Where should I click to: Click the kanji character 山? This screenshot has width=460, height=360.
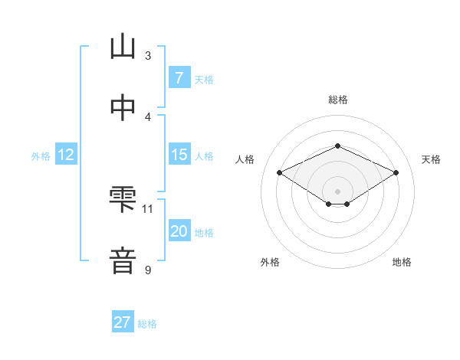click(123, 47)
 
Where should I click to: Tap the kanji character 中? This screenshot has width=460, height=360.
click(123, 107)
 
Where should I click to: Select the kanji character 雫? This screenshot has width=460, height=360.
click(123, 201)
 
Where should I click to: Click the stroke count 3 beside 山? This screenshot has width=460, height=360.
click(148, 56)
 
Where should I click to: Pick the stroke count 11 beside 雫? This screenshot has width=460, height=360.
click(148, 208)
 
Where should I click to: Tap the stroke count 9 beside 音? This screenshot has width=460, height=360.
click(148, 270)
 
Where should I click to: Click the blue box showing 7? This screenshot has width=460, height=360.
click(179, 78)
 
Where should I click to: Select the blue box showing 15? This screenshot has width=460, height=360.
click(179, 155)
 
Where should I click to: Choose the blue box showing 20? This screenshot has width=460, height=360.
click(179, 231)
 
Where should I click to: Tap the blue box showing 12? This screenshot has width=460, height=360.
click(65, 155)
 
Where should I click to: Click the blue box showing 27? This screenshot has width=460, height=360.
click(123, 322)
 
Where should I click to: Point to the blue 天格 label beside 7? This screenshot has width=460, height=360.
click(204, 79)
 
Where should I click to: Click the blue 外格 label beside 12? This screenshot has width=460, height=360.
click(41, 155)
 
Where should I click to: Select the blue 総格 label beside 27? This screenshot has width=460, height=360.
click(147, 323)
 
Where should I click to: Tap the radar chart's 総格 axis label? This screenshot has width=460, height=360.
click(337, 100)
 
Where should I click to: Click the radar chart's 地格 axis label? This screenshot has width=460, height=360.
click(402, 262)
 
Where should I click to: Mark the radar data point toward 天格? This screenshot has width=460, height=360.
click(396, 173)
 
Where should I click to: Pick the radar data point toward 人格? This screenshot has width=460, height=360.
click(279, 173)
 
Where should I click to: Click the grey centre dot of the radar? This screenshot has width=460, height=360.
click(337, 191)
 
